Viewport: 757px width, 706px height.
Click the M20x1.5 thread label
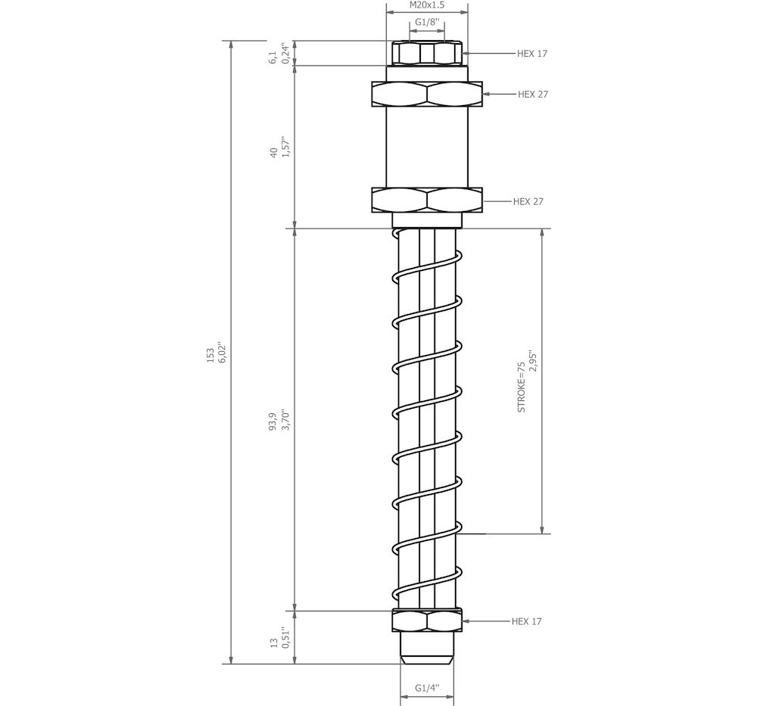coord(427,5)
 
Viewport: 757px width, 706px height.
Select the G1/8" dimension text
coord(427,22)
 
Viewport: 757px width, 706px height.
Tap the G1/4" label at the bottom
coord(427,688)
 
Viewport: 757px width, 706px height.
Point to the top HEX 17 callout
coord(532,54)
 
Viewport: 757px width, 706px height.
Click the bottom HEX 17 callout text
coord(527,621)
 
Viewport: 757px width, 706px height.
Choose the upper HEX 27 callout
coord(533,94)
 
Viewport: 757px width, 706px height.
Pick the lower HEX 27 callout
coord(528,201)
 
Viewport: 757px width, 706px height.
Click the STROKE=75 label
coord(522,387)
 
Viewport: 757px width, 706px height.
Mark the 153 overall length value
coord(210,355)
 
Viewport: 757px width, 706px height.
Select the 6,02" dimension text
coord(223,353)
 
